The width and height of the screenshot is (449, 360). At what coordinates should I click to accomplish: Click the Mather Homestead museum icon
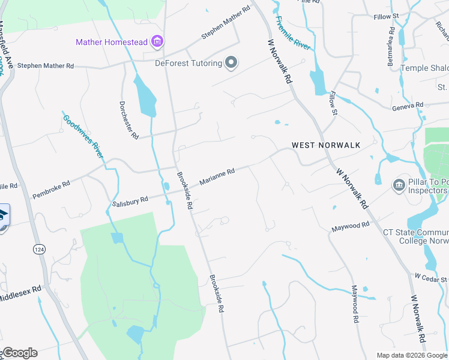[x=158, y=41]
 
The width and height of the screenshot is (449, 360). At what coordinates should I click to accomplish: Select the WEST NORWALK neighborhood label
[x=326, y=145]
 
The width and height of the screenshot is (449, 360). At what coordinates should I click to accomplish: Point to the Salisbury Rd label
[x=130, y=202]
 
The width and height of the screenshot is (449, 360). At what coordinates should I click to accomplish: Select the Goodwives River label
[x=83, y=135]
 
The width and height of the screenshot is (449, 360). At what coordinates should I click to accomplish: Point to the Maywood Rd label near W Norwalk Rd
[x=351, y=226]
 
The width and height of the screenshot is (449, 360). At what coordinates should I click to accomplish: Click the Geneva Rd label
[x=408, y=106]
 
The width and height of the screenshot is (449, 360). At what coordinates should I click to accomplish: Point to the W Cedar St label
[x=430, y=278]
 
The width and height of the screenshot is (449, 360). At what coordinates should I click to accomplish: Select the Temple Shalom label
[x=424, y=68]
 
